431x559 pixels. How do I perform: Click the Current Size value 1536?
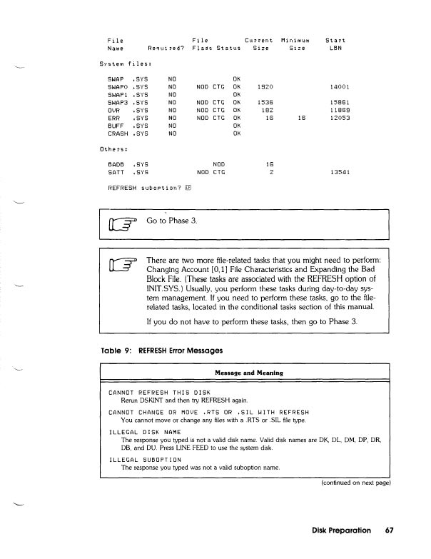(x=265, y=101)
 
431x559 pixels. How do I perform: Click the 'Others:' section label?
(x=112, y=149)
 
